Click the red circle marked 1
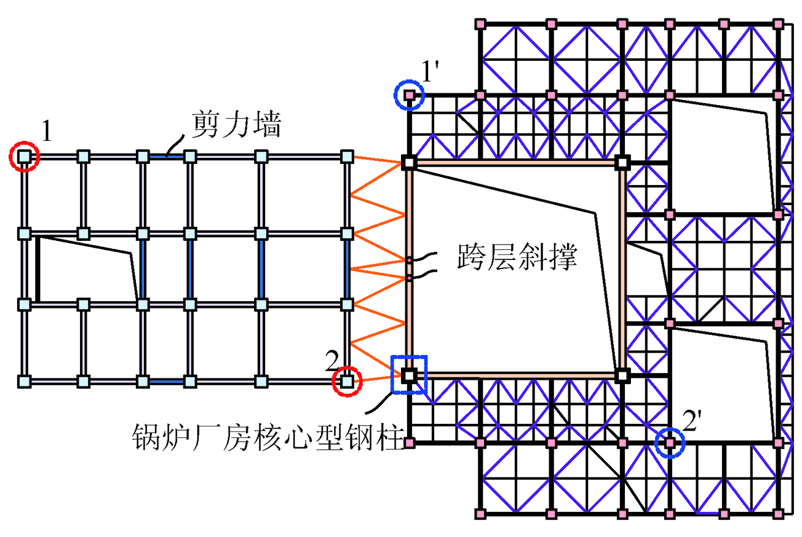tap(24, 157)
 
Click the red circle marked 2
tap(347, 382)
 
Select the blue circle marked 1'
tap(410, 95)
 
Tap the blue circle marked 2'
tap(670, 442)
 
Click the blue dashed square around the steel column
tap(409, 374)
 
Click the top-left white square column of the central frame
tap(409, 162)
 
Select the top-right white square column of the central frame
tap(622, 162)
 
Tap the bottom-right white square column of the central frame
tap(622, 374)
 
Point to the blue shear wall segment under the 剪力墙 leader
tap(166, 157)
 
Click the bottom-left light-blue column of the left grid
tap(24, 382)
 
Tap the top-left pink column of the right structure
tap(481, 23)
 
